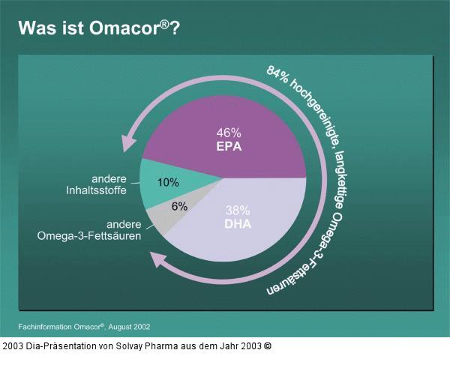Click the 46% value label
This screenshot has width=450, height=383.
228,131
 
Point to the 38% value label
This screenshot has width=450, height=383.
237,211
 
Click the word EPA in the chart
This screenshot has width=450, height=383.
228,146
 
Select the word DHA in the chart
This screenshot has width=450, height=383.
237,225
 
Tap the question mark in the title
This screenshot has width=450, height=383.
174,28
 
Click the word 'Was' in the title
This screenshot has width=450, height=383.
34,28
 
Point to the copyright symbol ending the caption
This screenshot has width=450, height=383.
268,346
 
